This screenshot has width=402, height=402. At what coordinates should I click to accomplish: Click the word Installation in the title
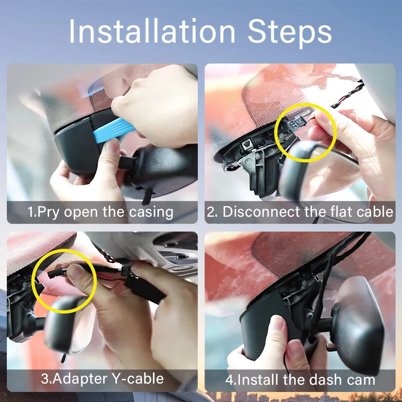pyautogui.click(x=152, y=31)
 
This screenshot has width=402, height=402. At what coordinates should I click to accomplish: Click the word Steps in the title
pyautogui.click(x=290, y=33)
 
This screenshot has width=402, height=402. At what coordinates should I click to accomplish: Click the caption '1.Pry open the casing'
pyautogui.click(x=100, y=212)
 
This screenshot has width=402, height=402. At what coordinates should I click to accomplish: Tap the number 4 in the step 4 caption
pyautogui.click(x=229, y=380)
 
